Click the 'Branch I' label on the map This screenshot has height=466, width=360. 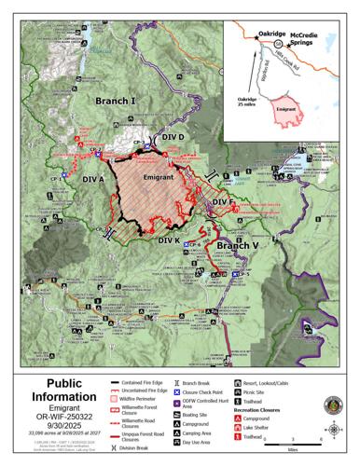coord(114,99)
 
